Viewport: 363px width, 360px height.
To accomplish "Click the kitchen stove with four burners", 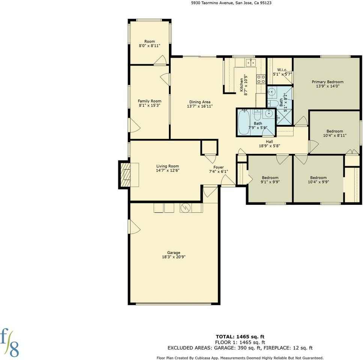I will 261,79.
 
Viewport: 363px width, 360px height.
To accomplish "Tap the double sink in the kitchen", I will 250,62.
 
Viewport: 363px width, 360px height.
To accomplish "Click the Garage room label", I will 174,252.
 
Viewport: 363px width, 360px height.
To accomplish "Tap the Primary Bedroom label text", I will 327,82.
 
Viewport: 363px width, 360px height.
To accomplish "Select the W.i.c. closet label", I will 282,70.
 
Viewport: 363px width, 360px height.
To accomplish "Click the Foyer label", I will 218,167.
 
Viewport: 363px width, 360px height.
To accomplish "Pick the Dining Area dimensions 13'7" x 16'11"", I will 200,106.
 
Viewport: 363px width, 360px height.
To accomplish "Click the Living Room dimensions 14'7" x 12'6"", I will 167,171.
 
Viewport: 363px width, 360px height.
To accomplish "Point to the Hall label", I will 269,141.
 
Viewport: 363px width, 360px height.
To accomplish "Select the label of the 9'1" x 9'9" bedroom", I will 270,178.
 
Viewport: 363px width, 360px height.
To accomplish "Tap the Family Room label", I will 149,101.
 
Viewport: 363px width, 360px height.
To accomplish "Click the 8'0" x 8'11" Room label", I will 149,41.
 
